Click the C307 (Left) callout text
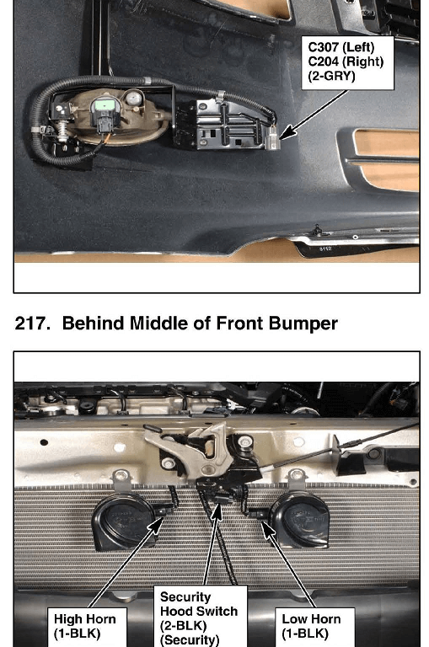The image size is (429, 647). click(x=341, y=46)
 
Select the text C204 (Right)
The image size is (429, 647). click(x=346, y=61)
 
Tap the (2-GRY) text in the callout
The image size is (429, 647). click(x=331, y=76)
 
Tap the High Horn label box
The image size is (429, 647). click(x=87, y=627)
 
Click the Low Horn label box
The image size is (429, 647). click(x=315, y=627)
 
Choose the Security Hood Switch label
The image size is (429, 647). click(x=201, y=616)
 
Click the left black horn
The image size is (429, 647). click(x=124, y=521)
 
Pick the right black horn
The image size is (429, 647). click(x=299, y=520)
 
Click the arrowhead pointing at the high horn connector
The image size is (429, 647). click(x=156, y=526)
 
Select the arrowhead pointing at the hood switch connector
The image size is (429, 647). click(x=217, y=511)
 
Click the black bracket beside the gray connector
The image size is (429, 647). click(x=221, y=124)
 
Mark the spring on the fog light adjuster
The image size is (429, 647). click(x=62, y=132)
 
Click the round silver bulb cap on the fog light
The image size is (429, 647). click(x=134, y=99)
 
